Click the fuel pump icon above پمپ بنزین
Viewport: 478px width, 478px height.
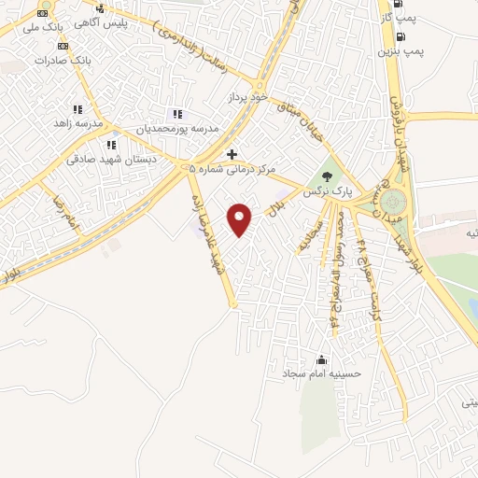tap(401, 37)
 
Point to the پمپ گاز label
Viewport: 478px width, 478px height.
tap(400, 17)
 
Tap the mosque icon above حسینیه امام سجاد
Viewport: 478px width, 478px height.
tap(323, 359)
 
